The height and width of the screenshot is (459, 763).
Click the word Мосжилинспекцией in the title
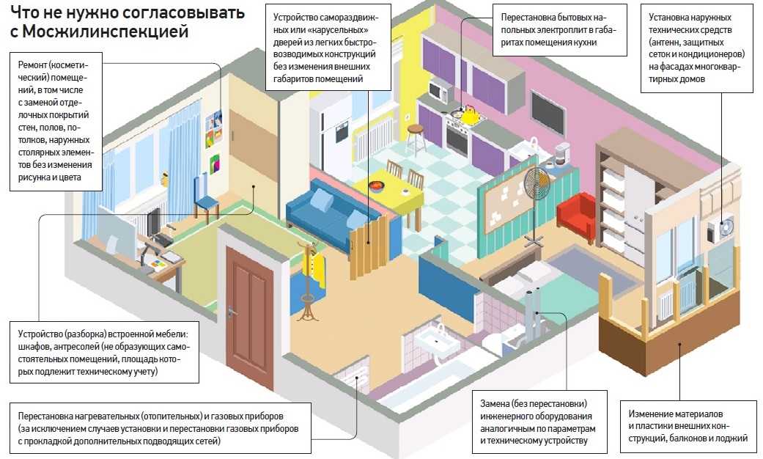pyautogui.click(x=106, y=32)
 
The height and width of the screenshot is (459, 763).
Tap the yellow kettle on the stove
pyautogui.click(x=470, y=114)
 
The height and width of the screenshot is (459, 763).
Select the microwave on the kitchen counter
pyautogui.click(x=440, y=91)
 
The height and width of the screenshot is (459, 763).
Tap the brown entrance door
pyautogui.click(x=249, y=316)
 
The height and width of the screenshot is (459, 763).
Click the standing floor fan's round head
pyautogui.click(x=537, y=183)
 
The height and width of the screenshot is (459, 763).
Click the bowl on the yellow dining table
pyautogui.click(x=376, y=186)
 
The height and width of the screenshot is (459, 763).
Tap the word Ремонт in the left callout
pyautogui.click(x=32, y=65)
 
